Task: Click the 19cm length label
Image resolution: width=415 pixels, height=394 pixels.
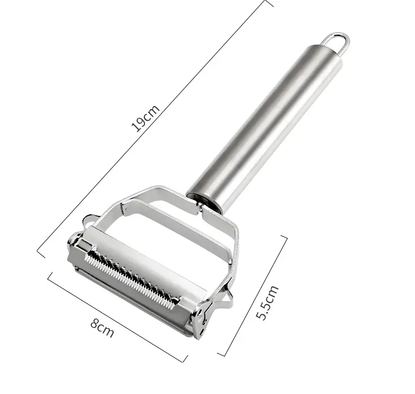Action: tap(146, 118)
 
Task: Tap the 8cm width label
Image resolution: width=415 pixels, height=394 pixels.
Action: tap(102, 328)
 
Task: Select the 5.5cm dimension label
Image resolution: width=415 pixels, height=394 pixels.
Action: tap(267, 303)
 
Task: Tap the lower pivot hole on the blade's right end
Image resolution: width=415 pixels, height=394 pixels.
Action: tap(202, 330)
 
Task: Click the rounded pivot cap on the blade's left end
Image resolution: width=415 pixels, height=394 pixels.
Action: tap(74, 239)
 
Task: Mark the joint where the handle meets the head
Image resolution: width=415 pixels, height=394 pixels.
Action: tap(202, 204)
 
